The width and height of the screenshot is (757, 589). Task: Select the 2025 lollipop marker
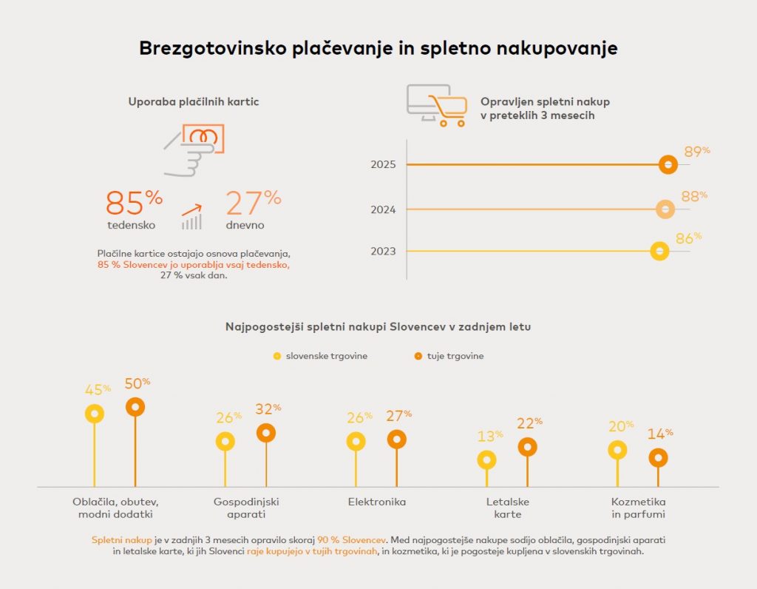pyautogui.click(x=668, y=164)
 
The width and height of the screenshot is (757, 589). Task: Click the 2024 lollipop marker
pyautogui.click(x=665, y=209)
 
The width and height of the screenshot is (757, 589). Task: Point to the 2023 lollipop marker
pyautogui.click(x=659, y=252)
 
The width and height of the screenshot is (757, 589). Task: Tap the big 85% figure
pyautogui.click(x=134, y=201)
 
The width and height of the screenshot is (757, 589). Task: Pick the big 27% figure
pyautogui.click(x=253, y=201)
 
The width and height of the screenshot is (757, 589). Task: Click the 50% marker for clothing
pyautogui.click(x=135, y=407)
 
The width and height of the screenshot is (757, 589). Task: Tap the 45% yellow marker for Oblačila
pyautogui.click(x=95, y=414)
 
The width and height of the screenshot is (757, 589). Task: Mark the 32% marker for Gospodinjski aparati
pyautogui.click(x=266, y=434)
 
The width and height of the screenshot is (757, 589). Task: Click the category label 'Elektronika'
pyautogui.click(x=377, y=502)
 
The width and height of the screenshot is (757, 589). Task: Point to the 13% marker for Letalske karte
pyautogui.click(x=486, y=460)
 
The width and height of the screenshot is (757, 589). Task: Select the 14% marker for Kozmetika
pyautogui.click(x=658, y=458)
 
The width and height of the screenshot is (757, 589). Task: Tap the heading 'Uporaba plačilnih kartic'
pyautogui.click(x=194, y=101)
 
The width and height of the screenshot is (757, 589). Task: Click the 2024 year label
pyautogui.click(x=384, y=210)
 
